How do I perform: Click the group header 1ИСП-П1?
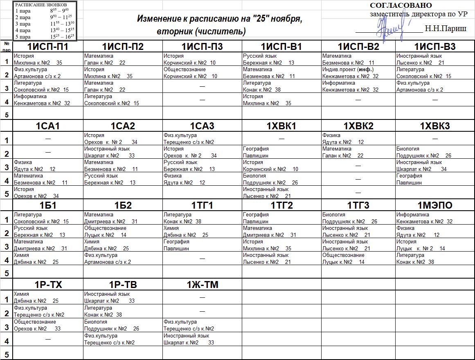pos(47,47)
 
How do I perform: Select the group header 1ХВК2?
pos(358,126)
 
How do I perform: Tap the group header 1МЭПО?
pos(434,205)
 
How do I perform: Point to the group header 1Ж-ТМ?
pos(202,285)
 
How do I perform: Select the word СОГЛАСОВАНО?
pos(401,5)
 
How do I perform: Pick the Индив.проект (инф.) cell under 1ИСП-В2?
pos(358,73)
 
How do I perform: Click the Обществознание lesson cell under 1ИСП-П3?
pos(202,73)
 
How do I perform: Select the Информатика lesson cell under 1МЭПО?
pos(434,218)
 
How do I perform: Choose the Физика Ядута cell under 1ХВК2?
pos(358,139)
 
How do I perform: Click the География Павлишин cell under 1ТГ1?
pos(202,245)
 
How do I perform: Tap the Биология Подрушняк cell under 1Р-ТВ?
pos(123,325)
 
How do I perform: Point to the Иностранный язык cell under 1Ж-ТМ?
pos(202,339)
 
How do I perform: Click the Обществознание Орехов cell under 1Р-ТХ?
pos(47,325)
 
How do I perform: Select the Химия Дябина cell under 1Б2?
pos(123,245)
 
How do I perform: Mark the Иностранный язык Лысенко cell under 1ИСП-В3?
pos(434,59)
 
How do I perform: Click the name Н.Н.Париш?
pos(445,29)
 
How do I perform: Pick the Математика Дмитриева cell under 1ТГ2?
pos(281,232)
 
